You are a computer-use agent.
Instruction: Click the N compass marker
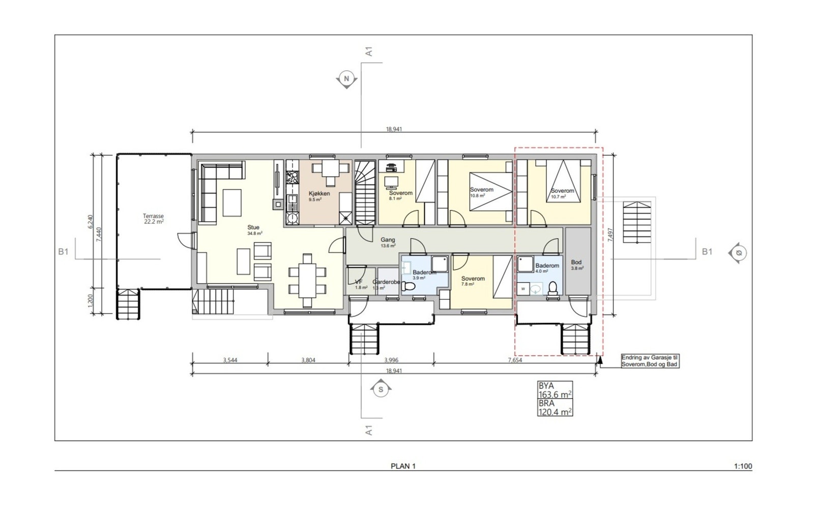(x=347, y=79)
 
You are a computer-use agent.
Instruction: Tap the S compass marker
(x=381, y=390)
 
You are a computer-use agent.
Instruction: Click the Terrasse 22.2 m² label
(x=153, y=219)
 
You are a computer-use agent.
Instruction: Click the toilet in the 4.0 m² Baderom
(x=553, y=289)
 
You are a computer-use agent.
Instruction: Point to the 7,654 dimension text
(x=515, y=360)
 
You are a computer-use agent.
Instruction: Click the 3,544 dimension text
(x=230, y=360)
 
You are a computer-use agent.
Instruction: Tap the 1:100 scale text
(x=743, y=466)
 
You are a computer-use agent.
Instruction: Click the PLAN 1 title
(x=403, y=466)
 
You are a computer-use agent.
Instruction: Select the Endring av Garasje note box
(x=650, y=361)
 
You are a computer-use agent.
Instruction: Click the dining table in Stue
(x=307, y=280)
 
